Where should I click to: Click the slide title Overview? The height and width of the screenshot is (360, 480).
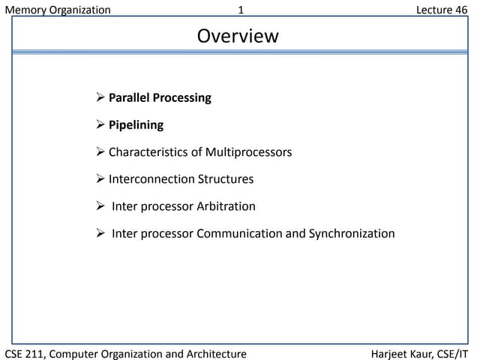pos(238,36)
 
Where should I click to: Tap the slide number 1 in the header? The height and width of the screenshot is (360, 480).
pos(241,10)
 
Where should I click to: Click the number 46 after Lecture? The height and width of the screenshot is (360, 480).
pos(460,10)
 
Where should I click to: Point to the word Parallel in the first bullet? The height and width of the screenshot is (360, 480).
pos(129,97)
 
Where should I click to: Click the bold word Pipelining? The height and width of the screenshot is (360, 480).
pos(136,124)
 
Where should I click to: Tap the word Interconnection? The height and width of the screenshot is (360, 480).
pos(151,179)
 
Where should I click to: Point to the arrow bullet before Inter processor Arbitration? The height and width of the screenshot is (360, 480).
pos(101,206)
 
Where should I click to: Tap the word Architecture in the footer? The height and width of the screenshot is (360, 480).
pos(216,353)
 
